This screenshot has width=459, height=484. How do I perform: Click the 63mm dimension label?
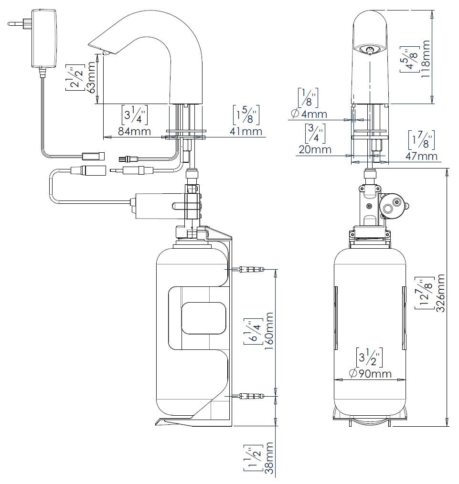tap(91, 77)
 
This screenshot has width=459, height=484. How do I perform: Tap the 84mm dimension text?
tap(134, 131)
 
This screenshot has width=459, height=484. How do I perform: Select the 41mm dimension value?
tap(246, 131)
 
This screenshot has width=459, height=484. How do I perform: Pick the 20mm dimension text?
tap(315, 149)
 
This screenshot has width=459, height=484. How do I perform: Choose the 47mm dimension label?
tap(421, 156)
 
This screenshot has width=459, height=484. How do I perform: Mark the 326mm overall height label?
tap(440, 293)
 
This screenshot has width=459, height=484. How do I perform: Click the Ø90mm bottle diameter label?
tap(370, 373)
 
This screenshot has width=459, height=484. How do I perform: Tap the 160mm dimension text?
tap(269, 331)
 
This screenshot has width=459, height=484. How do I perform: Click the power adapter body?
tap(44, 38)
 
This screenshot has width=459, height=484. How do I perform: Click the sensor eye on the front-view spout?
tap(369, 49)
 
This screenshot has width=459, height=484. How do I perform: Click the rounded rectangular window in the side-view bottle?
tap(203, 318)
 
